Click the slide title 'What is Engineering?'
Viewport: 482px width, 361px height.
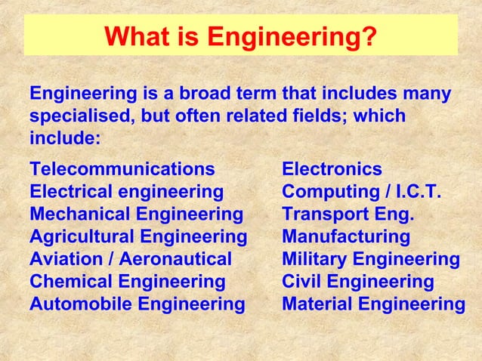click(240, 36)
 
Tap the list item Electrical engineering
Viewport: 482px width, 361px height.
click(126, 191)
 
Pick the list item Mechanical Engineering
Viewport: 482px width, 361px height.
click(136, 214)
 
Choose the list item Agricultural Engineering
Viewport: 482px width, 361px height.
click(138, 236)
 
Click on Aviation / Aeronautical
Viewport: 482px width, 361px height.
click(130, 259)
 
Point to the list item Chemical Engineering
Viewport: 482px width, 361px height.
click(127, 282)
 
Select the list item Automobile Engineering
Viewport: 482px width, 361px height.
click(137, 304)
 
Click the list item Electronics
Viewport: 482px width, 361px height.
click(332, 168)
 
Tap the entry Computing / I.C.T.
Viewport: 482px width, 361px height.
click(361, 191)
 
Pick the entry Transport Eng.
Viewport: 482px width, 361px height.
click(348, 214)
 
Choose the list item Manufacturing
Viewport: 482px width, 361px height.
click(345, 236)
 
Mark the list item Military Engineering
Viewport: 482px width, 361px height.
click(370, 259)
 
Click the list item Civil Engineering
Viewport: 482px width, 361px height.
click(357, 282)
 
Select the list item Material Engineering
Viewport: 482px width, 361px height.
click(373, 304)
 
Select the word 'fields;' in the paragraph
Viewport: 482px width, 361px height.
click(317, 118)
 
